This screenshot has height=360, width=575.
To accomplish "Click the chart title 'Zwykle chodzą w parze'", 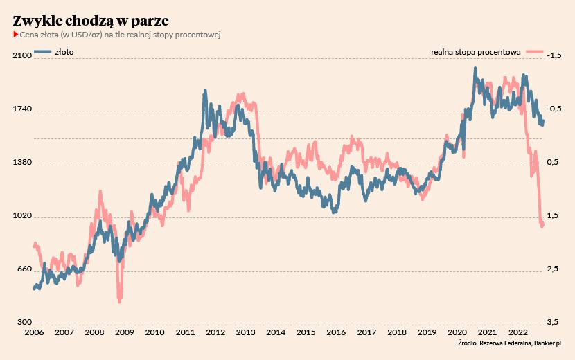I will (91, 20).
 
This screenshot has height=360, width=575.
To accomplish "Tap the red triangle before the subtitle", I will (15, 35).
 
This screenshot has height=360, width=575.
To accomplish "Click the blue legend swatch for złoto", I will (42, 51).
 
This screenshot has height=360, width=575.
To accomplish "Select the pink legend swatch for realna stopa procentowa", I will (534, 51).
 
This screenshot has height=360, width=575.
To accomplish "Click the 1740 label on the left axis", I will (24, 109).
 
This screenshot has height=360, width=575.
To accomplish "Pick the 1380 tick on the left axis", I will (24, 163).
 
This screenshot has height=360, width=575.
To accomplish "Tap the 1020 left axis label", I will (24, 216).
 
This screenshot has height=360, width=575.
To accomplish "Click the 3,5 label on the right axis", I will (553, 323).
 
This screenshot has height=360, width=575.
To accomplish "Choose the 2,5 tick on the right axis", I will (553, 269).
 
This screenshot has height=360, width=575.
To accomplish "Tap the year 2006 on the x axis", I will (35, 332).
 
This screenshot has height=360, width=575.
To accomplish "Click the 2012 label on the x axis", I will (215, 332).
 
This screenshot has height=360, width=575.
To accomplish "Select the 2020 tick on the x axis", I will (457, 332).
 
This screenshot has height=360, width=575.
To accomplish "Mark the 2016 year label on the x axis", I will (336, 332).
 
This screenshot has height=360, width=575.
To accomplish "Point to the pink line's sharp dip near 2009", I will (120, 300).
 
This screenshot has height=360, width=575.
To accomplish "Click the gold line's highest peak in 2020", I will (475, 69).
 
